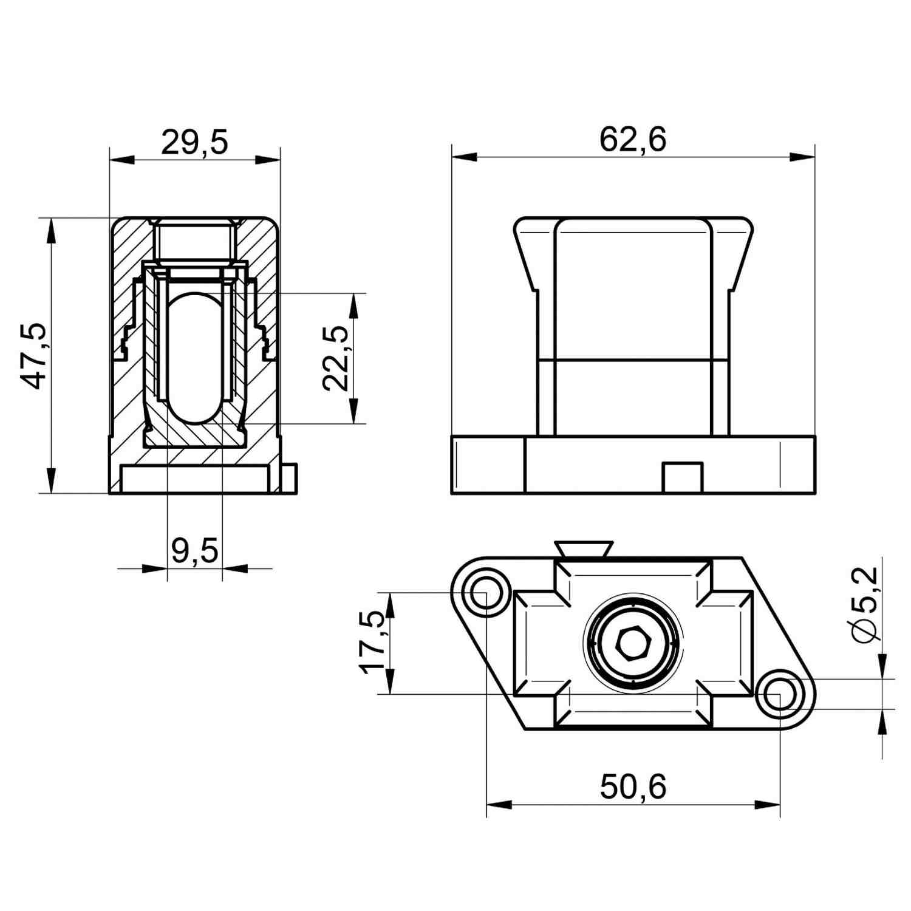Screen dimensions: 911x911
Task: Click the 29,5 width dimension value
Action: (x=194, y=143)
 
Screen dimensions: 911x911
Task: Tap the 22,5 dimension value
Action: (x=335, y=358)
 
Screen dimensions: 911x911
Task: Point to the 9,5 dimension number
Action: (x=194, y=551)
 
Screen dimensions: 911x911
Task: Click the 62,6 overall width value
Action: (x=633, y=139)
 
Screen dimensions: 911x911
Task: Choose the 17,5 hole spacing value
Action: (x=374, y=643)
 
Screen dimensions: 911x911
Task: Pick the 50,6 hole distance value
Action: (x=633, y=786)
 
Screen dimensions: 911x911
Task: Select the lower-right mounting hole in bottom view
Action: (x=779, y=694)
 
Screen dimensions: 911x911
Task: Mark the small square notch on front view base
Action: (x=682, y=478)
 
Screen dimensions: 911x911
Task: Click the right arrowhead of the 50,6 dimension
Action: (x=768, y=805)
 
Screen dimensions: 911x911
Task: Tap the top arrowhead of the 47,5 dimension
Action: (x=51, y=230)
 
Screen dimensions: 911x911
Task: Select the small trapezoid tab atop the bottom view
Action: (x=584, y=549)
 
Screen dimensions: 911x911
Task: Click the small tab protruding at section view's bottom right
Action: (x=290, y=479)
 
